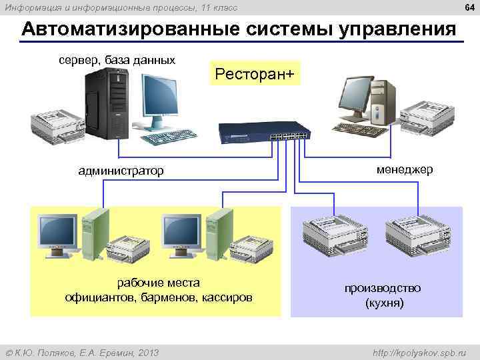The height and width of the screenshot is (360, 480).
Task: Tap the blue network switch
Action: coord(265,133)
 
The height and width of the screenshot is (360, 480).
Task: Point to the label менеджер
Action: coord(404,169)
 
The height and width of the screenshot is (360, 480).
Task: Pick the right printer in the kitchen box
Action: coord(419,236)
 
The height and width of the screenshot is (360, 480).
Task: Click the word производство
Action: coord(383,288)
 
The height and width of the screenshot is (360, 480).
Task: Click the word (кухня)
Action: coord(383,303)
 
